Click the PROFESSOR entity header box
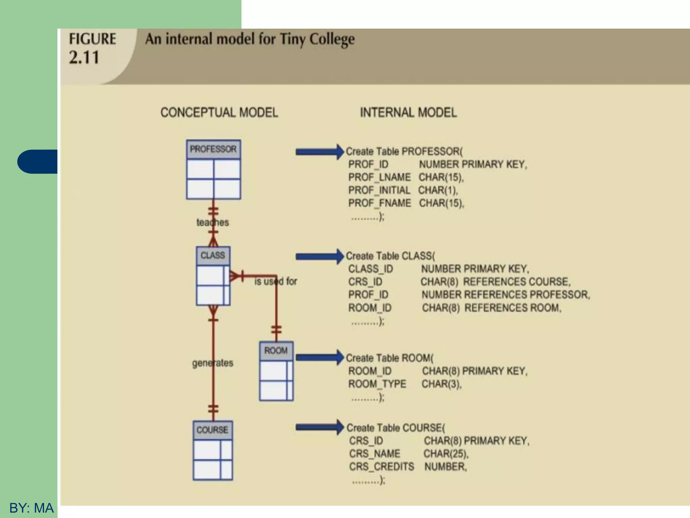pos(213,149)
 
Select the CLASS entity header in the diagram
pos(213,256)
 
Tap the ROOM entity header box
pos(276,351)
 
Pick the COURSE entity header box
pos(212,430)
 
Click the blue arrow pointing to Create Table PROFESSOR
pos(319,152)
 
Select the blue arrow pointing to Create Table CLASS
pos(319,257)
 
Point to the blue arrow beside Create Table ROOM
pos(319,357)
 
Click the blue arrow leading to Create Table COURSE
pos(319,427)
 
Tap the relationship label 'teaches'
pos(213,223)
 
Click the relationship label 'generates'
pos(213,363)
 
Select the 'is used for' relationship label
pos(276,281)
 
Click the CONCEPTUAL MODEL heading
pos(219,113)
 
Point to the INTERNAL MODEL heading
pos(408,113)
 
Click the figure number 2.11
pos(84,57)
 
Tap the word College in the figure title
pos(332,39)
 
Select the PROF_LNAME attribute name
pos(379,177)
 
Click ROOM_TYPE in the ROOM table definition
pos(377,384)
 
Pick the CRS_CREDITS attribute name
pos(381,467)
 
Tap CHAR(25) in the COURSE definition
pos(446,454)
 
